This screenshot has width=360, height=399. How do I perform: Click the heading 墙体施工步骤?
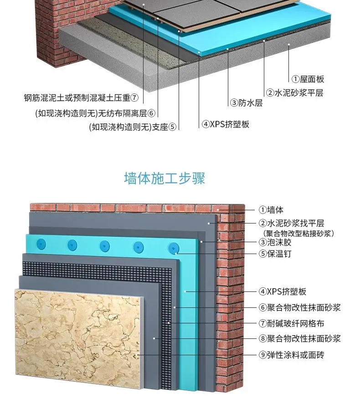165,178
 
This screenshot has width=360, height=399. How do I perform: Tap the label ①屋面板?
308,79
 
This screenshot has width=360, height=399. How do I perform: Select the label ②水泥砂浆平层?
295,93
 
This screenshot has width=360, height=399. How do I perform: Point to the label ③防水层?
246,103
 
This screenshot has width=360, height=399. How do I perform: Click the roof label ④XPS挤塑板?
225,124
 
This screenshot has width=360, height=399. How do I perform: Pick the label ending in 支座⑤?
133,127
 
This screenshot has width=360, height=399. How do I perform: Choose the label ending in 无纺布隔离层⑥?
95,113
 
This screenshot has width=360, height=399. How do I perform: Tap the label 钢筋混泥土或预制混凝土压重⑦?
82,98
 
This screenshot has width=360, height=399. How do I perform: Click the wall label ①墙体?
271,210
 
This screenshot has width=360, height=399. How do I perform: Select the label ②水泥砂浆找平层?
291,223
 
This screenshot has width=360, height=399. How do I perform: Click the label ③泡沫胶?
275,242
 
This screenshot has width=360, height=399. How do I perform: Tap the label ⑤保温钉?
275,254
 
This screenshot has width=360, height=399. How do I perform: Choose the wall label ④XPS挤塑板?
283,291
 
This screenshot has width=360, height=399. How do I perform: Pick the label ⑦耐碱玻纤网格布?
291,323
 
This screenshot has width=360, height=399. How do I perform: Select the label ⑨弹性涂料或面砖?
291,355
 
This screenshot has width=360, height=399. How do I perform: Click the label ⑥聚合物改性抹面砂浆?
299,307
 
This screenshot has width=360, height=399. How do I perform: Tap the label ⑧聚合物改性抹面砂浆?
299,338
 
